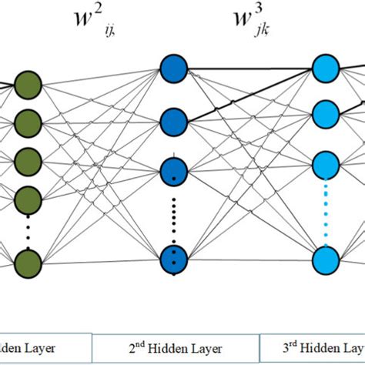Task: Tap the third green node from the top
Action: [x=28, y=158]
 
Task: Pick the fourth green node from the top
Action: [x=28, y=193]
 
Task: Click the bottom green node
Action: [x=28, y=260]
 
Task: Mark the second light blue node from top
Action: [x=326, y=114]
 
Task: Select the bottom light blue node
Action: [x=326, y=257]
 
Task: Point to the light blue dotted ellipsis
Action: [x=326, y=211]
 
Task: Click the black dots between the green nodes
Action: [x=28, y=227]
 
